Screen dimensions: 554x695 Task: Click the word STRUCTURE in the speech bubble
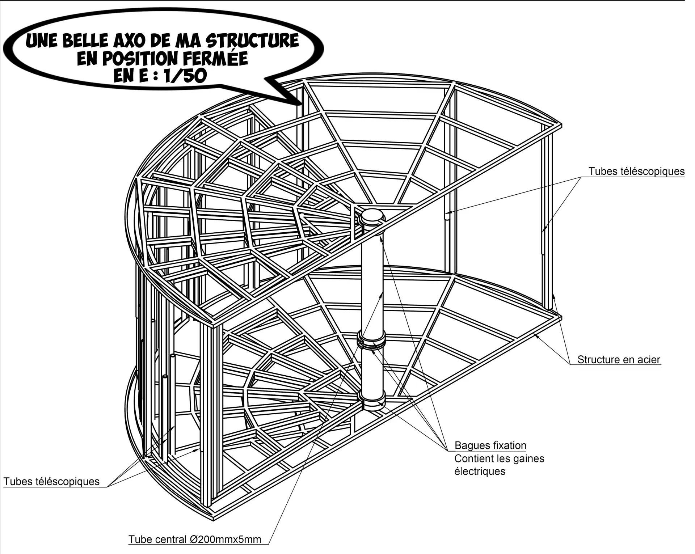252,41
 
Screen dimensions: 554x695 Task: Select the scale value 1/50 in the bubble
185,76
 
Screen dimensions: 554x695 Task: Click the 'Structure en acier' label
619,360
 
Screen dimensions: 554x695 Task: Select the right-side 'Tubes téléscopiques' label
636,171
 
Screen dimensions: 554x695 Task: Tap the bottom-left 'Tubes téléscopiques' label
51,482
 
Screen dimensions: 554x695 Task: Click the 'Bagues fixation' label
490,445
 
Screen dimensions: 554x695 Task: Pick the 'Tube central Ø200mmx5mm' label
195,540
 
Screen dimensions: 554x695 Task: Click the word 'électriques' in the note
480,471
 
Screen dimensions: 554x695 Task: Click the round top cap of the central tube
372,216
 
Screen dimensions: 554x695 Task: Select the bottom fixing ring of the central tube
372,399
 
